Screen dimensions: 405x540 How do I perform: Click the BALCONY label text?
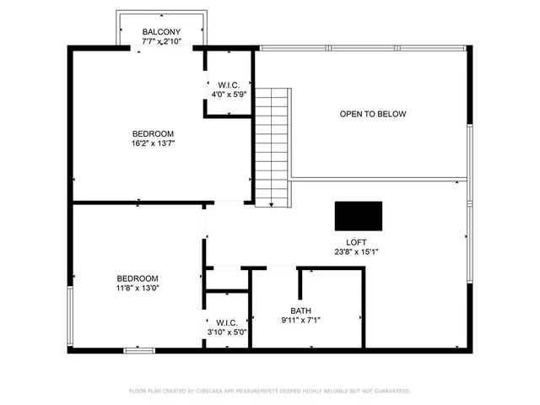pyautogui.click(x=161, y=32)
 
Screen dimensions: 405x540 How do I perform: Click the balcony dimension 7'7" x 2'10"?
pyautogui.click(x=161, y=41)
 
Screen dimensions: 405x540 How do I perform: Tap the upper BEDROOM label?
pyautogui.click(x=153, y=134)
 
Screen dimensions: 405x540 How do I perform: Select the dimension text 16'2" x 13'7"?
pyautogui.click(x=153, y=143)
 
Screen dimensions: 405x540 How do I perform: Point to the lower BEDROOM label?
pyautogui.click(x=137, y=278)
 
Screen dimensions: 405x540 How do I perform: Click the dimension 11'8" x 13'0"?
pyautogui.click(x=137, y=289)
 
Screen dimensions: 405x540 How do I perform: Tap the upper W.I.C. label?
pyautogui.click(x=229, y=84)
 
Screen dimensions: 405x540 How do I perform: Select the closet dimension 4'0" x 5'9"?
pyautogui.click(x=229, y=94)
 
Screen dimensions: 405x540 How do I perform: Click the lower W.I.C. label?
pyautogui.click(x=227, y=322)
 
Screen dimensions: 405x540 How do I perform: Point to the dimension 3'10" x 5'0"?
pyautogui.click(x=227, y=332)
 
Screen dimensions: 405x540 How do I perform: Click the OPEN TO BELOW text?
pyautogui.click(x=373, y=114)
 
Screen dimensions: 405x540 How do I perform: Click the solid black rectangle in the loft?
pyautogui.click(x=358, y=216)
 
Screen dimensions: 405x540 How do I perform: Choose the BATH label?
pyautogui.click(x=300, y=310)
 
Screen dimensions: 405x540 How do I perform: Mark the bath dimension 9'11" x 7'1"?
pyautogui.click(x=300, y=320)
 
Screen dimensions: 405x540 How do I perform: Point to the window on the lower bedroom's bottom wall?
pyautogui.click(x=138, y=350)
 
